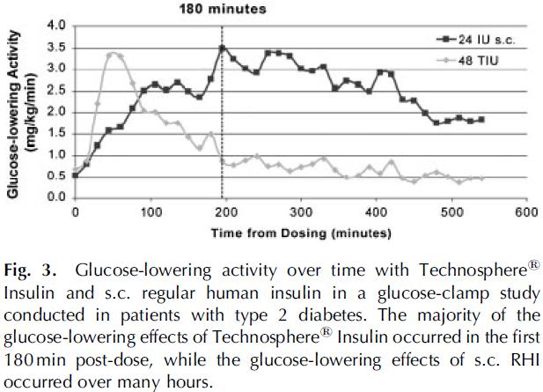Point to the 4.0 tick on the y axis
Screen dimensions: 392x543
[56, 26]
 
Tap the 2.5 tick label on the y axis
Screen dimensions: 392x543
[56, 91]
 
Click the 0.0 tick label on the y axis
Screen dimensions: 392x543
[56, 197]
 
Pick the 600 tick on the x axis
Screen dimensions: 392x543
[525, 212]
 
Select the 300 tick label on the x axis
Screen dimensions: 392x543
[300, 212]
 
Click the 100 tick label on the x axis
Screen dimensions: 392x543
[150, 212]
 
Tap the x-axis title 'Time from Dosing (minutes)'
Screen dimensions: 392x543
[300, 234]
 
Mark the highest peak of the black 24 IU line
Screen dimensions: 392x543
[223, 48]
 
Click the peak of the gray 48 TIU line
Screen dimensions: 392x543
[110, 55]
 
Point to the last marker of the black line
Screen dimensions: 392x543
[481, 119]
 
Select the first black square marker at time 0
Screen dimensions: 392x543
[75, 174]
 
